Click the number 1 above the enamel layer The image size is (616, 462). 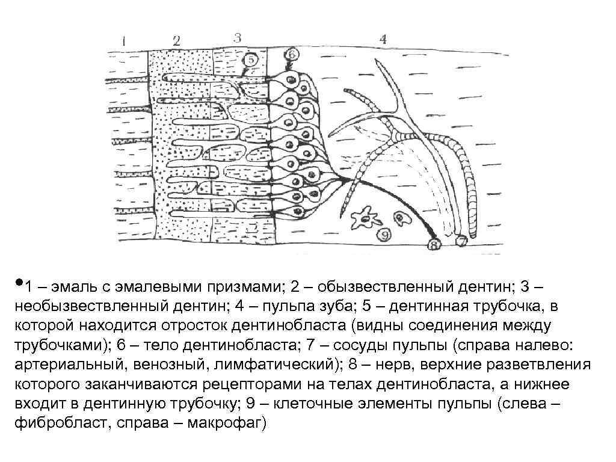[x=123, y=42]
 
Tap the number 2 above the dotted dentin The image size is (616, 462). [x=176, y=41]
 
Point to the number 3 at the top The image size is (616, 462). [x=237, y=37]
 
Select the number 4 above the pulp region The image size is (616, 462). [x=383, y=40]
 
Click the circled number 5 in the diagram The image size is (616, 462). [x=251, y=60]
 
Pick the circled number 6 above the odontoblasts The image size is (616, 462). [x=291, y=54]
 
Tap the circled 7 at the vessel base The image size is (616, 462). [x=461, y=242]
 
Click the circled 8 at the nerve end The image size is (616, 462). [x=434, y=244]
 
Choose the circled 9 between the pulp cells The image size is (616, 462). [x=381, y=233]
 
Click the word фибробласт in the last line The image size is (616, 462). [x=55, y=422]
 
